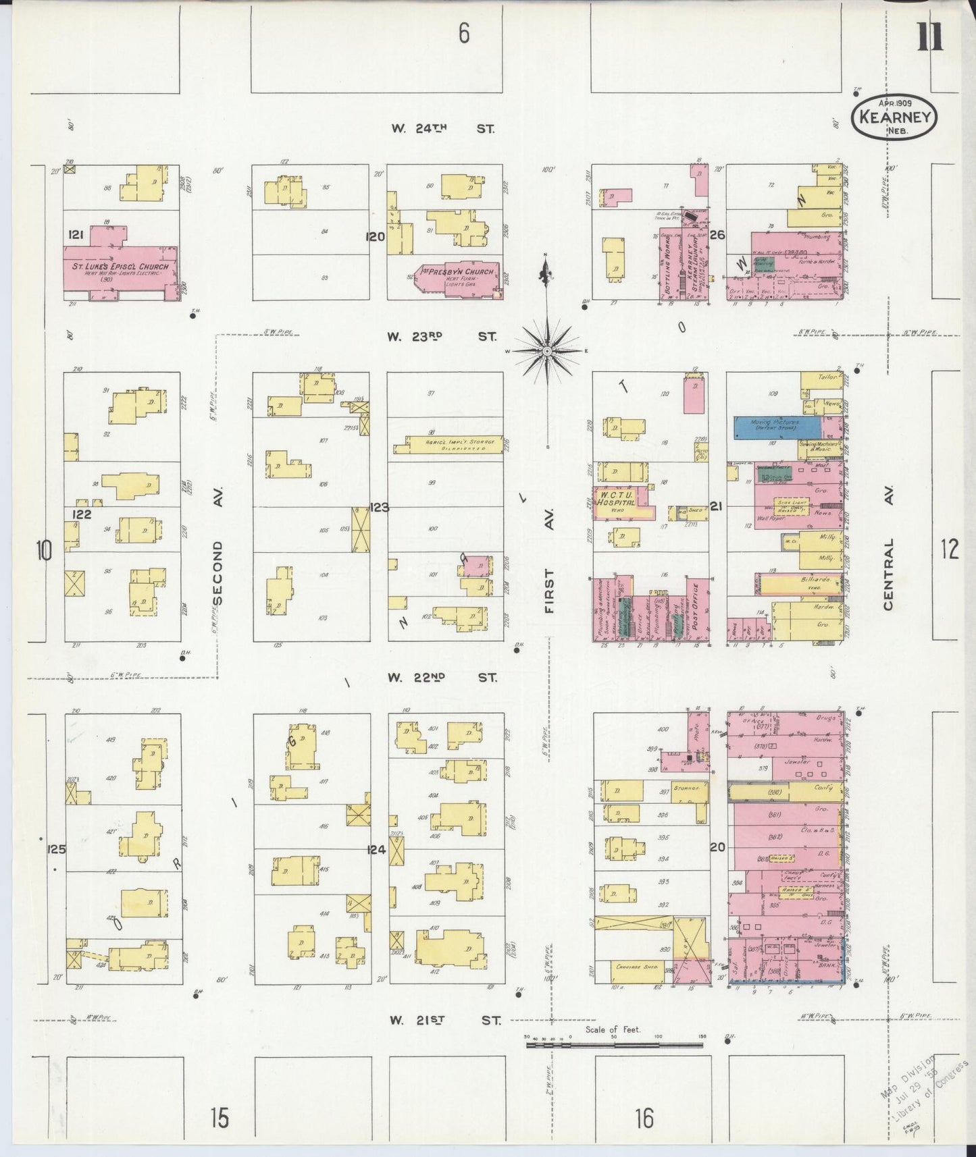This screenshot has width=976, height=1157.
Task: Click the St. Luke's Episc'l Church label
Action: [121, 267]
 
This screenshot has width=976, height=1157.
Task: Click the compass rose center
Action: [547, 351]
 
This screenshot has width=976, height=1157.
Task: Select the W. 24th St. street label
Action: [442, 128]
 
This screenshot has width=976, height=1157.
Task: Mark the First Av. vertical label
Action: [549, 591]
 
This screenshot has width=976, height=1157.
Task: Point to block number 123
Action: [379, 507]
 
